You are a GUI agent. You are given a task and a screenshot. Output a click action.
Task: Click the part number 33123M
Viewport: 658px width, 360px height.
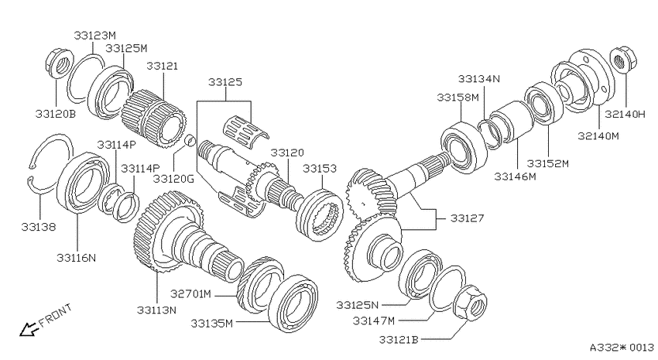click(x=94, y=36)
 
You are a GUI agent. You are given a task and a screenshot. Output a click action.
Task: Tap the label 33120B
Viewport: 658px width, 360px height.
click(x=56, y=114)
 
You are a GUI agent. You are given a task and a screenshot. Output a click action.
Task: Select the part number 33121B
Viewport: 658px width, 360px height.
click(x=399, y=339)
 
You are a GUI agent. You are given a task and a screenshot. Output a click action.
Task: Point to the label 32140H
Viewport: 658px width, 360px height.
click(x=625, y=114)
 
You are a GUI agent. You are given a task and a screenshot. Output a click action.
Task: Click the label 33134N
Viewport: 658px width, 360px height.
click(x=479, y=78)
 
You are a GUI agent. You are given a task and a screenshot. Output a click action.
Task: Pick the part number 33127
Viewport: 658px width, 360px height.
click(x=467, y=218)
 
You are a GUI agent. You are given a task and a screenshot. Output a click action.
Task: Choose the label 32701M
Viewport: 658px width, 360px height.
click(x=190, y=293)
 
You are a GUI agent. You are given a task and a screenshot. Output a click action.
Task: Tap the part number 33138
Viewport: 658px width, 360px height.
click(x=38, y=227)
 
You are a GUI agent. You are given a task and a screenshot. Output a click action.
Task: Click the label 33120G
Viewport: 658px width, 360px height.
click(x=173, y=179)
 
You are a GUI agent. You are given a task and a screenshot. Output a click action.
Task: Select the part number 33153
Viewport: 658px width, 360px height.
click(x=320, y=168)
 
